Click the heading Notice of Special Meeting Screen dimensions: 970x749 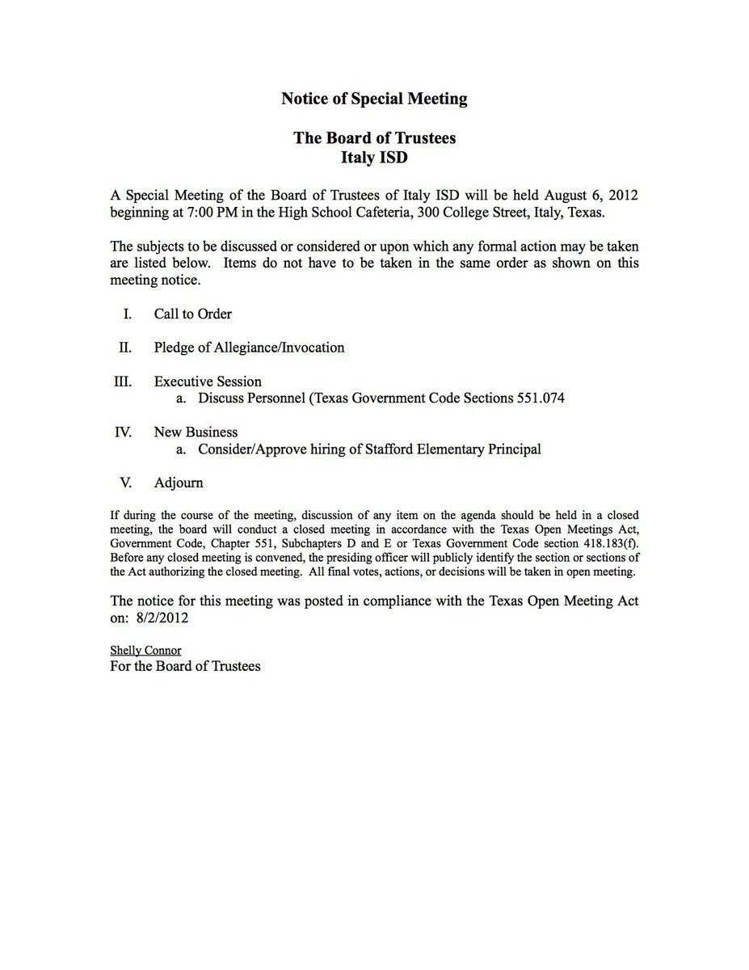374,99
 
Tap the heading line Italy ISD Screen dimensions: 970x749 374,158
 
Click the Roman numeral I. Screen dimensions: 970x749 128,314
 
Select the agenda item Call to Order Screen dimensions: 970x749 192,314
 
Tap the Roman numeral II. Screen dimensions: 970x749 125,348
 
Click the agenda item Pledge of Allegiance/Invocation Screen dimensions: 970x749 249,348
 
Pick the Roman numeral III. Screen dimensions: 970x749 123,382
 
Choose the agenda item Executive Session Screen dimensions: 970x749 208,382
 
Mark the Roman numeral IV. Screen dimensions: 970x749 123,432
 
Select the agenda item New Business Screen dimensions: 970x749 196,432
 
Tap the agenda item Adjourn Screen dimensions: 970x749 179,483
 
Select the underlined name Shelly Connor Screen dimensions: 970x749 145,650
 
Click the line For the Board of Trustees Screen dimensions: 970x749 185,666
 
